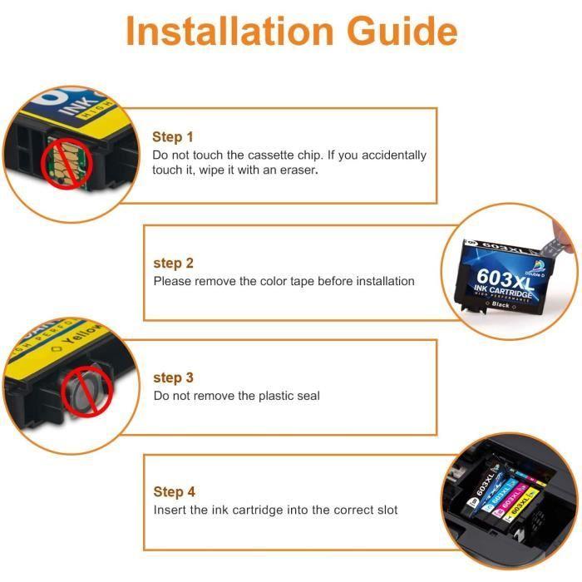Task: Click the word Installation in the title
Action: tap(229, 32)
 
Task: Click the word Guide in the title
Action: tap(402, 32)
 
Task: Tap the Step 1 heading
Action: tap(173, 137)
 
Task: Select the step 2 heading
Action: tap(173, 264)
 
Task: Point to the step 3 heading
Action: tap(173, 377)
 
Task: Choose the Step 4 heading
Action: tap(174, 492)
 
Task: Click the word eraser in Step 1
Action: tap(299, 170)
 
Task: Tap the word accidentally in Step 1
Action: tap(394, 155)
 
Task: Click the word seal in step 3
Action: tap(308, 396)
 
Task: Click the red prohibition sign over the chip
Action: tap(67, 163)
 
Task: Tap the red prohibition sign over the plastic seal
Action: tap(86, 392)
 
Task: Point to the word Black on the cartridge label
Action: tap(501, 305)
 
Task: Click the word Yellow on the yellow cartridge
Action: tap(81, 334)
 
